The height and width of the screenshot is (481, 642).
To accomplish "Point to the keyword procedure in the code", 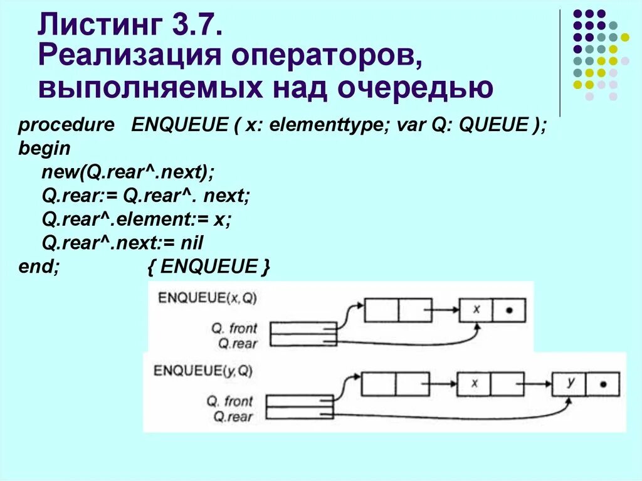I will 66,125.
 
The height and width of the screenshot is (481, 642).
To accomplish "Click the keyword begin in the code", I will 45,149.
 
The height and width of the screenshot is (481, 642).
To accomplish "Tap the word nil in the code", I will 192,243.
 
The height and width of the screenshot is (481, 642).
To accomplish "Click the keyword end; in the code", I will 39,266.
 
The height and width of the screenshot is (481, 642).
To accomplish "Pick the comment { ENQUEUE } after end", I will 209,266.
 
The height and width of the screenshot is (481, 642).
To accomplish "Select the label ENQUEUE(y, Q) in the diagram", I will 203,371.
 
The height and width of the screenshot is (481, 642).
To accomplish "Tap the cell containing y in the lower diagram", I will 570,383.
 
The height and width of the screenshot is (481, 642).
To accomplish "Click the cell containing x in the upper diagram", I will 476,310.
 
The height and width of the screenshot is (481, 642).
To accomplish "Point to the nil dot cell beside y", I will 603,383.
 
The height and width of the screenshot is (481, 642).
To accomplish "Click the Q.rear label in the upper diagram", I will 234,342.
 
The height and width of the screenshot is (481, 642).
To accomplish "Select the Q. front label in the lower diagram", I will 229,400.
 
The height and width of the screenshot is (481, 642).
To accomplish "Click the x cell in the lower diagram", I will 474,383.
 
